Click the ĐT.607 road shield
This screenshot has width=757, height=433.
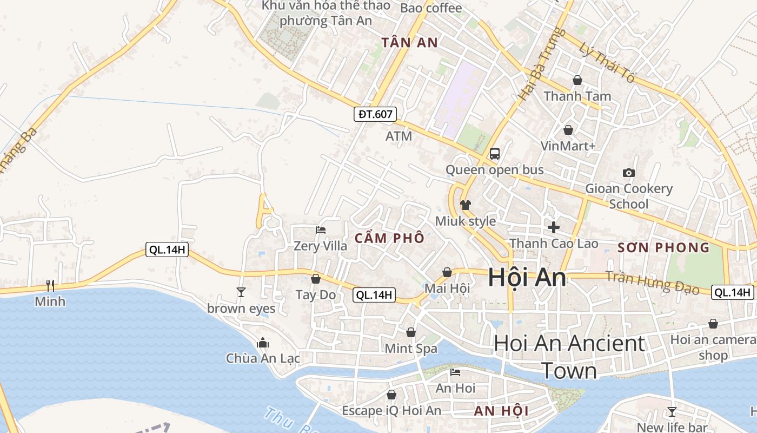point(376,114)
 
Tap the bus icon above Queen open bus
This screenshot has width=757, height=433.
point(494,153)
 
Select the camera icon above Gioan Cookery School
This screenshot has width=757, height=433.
point(628,173)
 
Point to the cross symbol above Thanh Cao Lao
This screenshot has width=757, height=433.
point(554,227)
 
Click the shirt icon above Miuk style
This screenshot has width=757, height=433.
point(465,205)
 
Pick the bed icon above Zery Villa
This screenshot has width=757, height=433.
point(321,230)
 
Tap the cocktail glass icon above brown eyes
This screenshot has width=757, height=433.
point(241,292)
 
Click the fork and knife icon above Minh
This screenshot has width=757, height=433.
point(50,285)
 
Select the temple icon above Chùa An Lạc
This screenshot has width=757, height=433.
point(263,343)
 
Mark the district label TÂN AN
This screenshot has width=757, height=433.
point(409,43)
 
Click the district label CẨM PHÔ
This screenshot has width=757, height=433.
point(389,238)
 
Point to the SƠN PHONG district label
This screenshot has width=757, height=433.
point(663,248)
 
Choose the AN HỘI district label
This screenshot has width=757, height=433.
point(501,411)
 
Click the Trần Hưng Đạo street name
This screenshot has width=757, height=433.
point(652,283)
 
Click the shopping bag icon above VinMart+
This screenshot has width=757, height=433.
point(568,130)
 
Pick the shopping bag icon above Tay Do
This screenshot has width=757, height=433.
point(316,279)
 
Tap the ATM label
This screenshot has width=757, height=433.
point(399,136)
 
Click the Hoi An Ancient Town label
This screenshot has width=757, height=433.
point(569,357)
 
